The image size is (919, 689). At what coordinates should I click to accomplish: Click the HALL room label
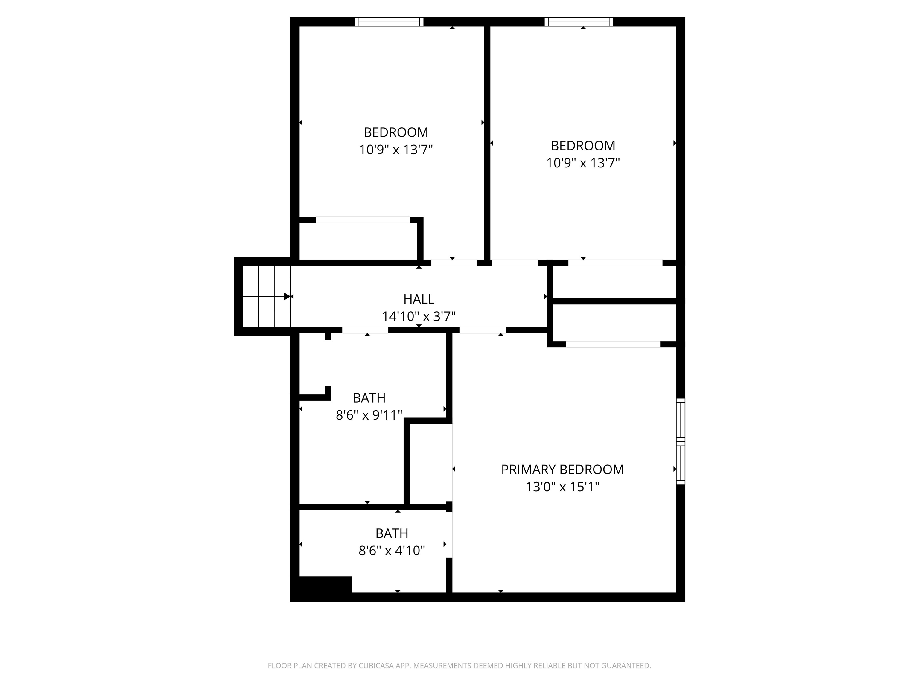(x=419, y=299)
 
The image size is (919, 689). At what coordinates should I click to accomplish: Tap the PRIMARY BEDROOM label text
(x=562, y=469)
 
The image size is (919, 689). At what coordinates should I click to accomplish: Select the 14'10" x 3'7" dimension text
(x=419, y=316)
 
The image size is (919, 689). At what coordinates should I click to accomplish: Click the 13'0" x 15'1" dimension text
(x=562, y=487)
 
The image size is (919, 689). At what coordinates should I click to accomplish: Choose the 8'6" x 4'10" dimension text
(x=391, y=551)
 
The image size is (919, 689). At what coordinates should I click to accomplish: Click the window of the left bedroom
(x=389, y=22)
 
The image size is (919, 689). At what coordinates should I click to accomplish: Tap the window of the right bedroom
(x=579, y=22)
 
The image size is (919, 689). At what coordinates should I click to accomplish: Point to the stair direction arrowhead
(x=287, y=297)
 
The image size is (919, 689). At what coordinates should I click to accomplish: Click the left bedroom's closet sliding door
(x=363, y=220)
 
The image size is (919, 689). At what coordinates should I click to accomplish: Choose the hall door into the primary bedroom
(x=482, y=330)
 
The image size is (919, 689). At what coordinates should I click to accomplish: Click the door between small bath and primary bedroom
(x=449, y=534)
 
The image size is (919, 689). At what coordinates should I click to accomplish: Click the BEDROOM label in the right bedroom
(x=582, y=146)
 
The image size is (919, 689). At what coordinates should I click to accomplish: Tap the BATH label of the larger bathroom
(x=369, y=398)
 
